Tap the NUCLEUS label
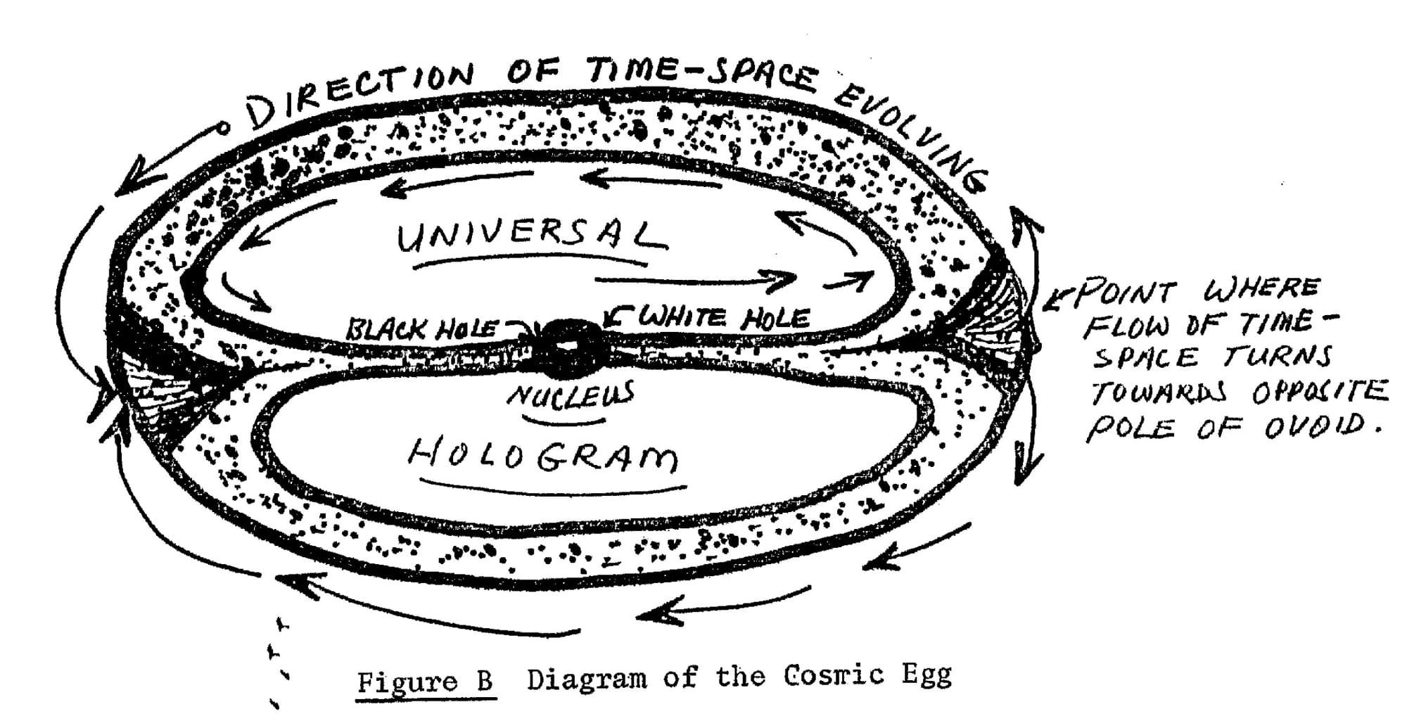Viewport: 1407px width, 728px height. click(x=570, y=395)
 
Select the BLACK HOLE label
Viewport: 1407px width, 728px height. click(x=422, y=328)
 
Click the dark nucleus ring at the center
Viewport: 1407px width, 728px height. click(x=568, y=346)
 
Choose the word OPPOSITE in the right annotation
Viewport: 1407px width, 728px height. click(x=1319, y=391)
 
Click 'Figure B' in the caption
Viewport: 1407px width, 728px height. click(x=425, y=681)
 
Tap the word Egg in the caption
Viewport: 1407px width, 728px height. click(x=927, y=675)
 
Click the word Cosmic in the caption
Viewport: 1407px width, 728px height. click(x=833, y=676)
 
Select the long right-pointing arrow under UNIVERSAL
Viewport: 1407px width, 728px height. click(x=693, y=281)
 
